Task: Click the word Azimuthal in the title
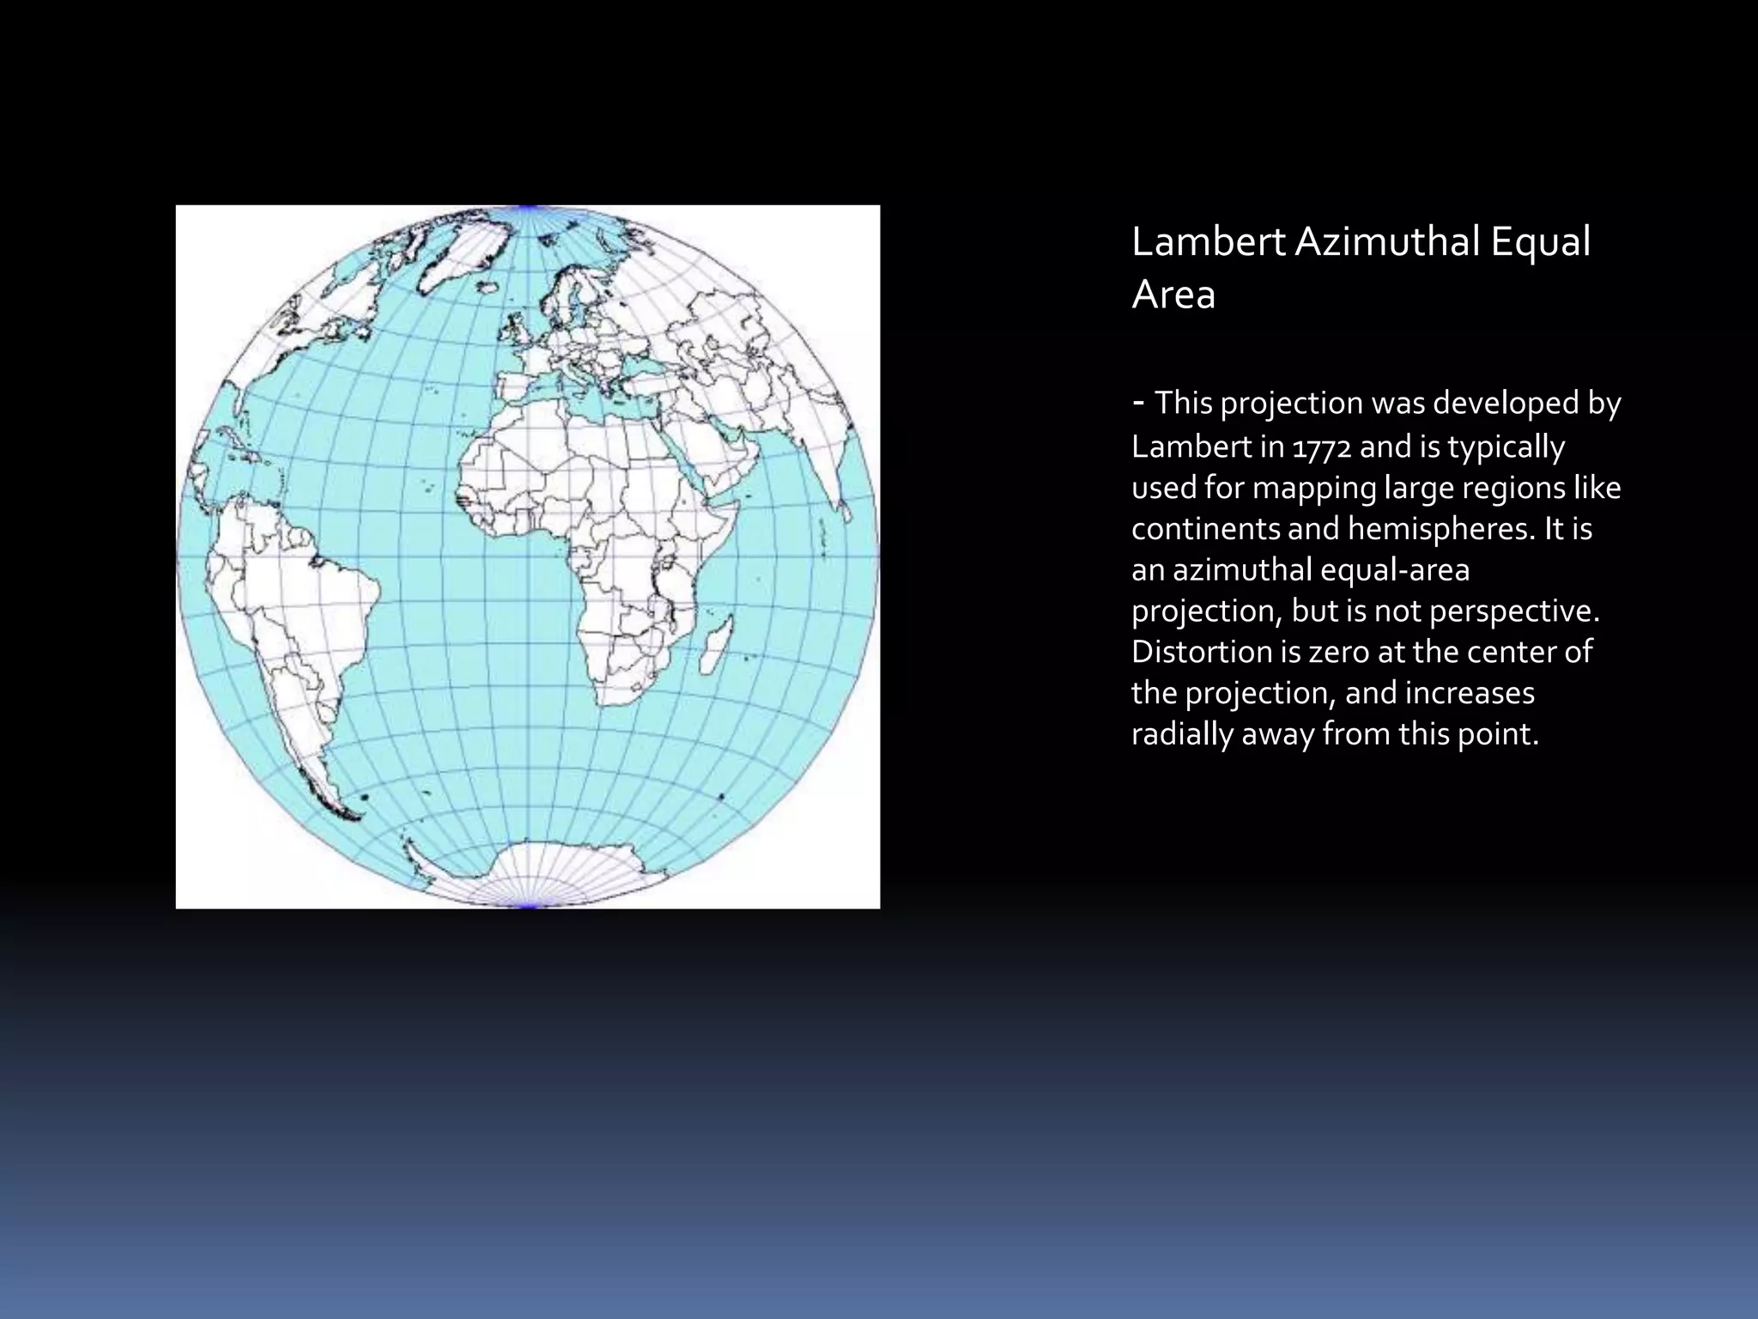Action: [x=1386, y=242]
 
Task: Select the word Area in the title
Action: [x=1173, y=295]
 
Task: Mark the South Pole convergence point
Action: [x=528, y=905]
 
